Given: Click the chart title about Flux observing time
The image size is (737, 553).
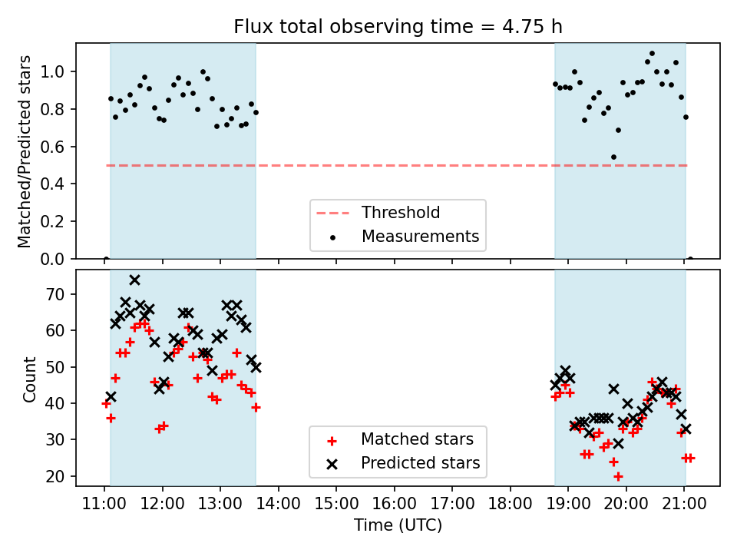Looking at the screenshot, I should coord(398,27).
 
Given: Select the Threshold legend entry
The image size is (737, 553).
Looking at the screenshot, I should coord(401,213).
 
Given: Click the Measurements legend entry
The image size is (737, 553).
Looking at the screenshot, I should coord(420,237).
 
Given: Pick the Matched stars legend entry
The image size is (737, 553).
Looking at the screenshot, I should coord(417,439).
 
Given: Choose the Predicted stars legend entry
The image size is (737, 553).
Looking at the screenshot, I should coord(420,463).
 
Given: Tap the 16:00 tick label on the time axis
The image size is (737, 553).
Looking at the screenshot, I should coord(394,505).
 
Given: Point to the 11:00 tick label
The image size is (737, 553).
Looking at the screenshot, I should coord(104,505).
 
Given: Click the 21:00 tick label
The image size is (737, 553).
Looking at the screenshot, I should coord(684,505).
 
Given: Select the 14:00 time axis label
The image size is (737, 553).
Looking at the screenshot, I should coord(278,505).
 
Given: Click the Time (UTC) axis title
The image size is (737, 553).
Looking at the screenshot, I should coord(398,526).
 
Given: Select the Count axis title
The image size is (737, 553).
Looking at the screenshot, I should coord(29,379).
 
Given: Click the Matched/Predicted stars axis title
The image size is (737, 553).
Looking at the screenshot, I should coord(25,151).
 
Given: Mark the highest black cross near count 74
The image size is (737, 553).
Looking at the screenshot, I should coord(134,280).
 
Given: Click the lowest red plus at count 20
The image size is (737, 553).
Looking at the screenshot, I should coord(618,476).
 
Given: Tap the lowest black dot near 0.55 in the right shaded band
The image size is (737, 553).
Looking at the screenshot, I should coord(613,157).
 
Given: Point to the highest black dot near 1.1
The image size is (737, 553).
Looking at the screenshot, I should coord(652,54).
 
